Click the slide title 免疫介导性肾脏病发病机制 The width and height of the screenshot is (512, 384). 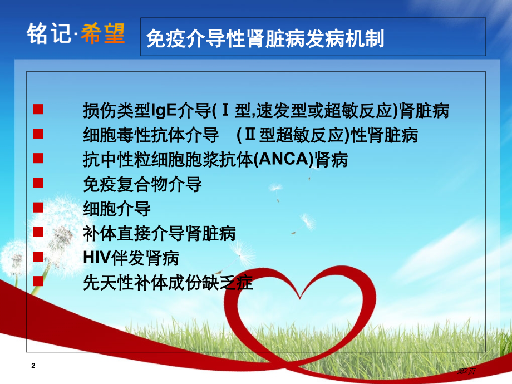click(x=265, y=39)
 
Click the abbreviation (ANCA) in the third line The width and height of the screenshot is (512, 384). click(x=283, y=160)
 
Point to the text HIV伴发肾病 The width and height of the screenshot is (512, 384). click(x=131, y=259)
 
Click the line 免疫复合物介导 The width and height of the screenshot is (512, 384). click(x=142, y=185)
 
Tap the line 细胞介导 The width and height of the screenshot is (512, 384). click(x=117, y=209)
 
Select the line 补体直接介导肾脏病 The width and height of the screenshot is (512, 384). click(x=159, y=234)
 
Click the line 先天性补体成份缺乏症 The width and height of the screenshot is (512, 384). click(x=168, y=283)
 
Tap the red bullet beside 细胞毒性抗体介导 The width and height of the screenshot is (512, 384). click(x=38, y=133)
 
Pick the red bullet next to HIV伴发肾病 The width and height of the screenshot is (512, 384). click(x=38, y=257)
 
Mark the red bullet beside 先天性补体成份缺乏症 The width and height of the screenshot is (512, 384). click(x=38, y=281)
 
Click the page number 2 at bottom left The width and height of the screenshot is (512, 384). click(x=33, y=366)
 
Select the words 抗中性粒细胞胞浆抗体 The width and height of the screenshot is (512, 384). click(x=165, y=160)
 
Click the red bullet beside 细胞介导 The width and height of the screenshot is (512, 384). click(x=38, y=207)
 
